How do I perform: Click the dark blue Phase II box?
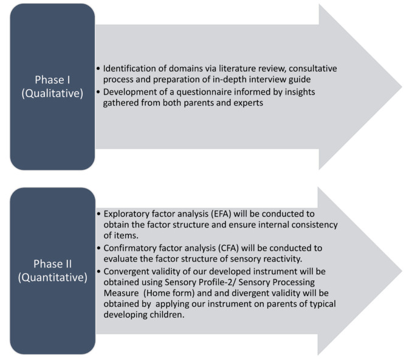(52, 270)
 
